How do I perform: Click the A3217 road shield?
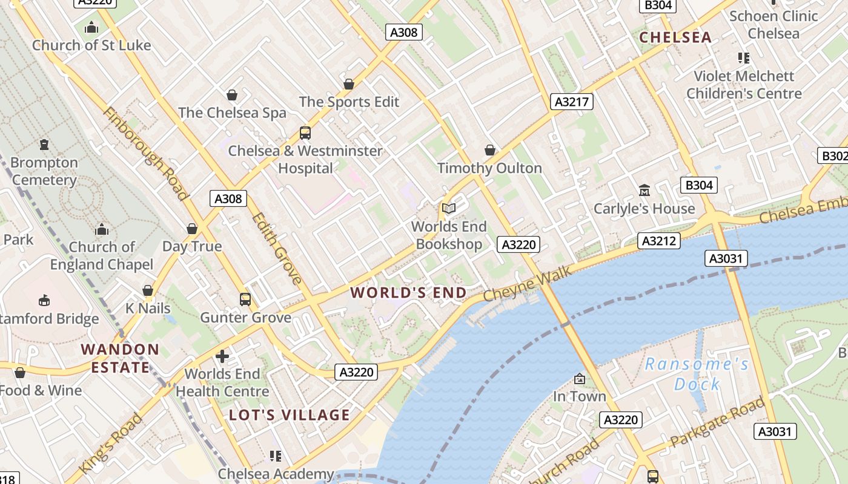point(572,102)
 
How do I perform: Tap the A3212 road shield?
point(659,241)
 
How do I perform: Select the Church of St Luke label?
point(91,45)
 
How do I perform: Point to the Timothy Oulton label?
point(489,168)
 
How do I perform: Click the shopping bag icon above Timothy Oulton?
point(490,149)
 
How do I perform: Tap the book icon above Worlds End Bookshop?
point(448,209)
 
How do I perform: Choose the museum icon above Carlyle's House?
point(644,191)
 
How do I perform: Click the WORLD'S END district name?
point(409,293)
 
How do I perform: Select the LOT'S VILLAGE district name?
point(290,415)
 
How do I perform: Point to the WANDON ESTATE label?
point(120,358)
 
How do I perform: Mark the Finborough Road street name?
point(145,154)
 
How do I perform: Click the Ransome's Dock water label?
point(697,374)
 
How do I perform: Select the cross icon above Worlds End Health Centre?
point(222,356)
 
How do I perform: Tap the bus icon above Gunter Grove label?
point(245,299)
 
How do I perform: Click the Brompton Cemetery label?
point(44,171)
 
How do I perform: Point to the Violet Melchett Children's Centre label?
point(744,85)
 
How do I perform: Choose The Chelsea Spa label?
point(232,113)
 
